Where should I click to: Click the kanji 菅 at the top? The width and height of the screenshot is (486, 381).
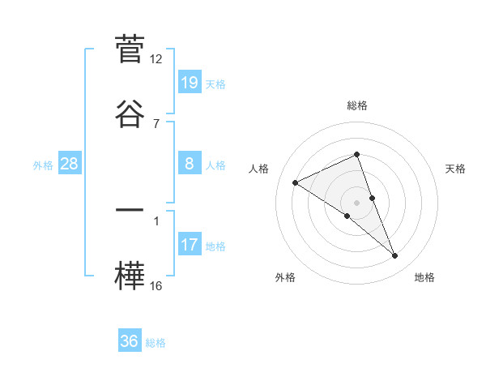[x=129, y=49]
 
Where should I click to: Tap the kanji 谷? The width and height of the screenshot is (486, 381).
[x=129, y=113]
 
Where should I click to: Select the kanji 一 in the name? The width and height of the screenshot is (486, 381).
[x=129, y=209]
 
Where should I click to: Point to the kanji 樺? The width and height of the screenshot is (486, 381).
[x=129, y=274]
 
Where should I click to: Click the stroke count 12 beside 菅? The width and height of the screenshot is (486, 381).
[x=156, y=59]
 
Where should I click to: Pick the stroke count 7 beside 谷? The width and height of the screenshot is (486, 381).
[x=156, y=123]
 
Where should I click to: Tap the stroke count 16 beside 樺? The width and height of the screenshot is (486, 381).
[x=156, y=285]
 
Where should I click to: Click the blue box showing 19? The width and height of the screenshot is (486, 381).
[x=190, y=83]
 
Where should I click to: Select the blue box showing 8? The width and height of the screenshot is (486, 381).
[x=190, y=164]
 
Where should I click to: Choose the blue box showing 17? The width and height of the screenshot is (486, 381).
[x=190, y=245]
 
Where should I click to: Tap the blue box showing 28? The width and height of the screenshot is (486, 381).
[x=70, y=164]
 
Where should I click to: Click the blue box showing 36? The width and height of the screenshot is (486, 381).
[x=129, y=341]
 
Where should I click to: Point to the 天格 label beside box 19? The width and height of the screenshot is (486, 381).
[x=215, y=84]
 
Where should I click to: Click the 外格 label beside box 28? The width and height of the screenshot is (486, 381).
[x=43, y=165]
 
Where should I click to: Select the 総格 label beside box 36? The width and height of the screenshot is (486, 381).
[x=156, y=343]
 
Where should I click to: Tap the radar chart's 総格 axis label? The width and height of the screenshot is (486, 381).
[x=357, y=106]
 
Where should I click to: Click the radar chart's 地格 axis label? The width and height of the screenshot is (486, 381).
[x=424, y=278]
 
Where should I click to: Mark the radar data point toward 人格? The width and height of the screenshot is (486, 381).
[x=296, y=183]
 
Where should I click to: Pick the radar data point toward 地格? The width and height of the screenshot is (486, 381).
[x=395, y=256]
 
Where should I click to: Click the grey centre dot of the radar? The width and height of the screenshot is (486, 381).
[x=357, y=202]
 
